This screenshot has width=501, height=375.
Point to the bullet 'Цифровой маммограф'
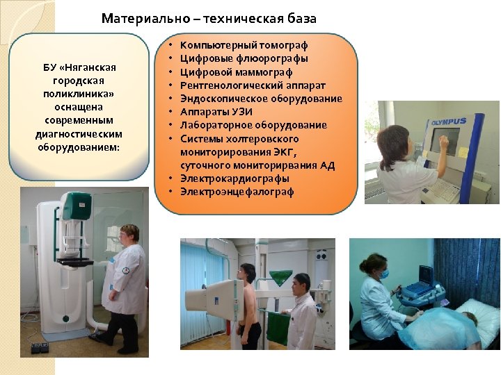pos(236,72)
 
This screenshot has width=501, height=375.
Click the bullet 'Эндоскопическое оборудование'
pos(261,98)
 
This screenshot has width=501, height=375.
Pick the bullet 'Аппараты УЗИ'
pos(216,111)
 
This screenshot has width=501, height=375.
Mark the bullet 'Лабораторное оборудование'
pos(253,125)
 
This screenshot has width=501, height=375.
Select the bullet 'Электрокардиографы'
pos(234,178)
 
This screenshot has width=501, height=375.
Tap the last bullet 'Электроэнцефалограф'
pos(237,192)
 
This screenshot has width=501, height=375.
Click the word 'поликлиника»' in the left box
pos(79,94)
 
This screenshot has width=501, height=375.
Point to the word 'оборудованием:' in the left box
pos(79,147)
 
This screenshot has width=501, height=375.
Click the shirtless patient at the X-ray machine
pos(249,306)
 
